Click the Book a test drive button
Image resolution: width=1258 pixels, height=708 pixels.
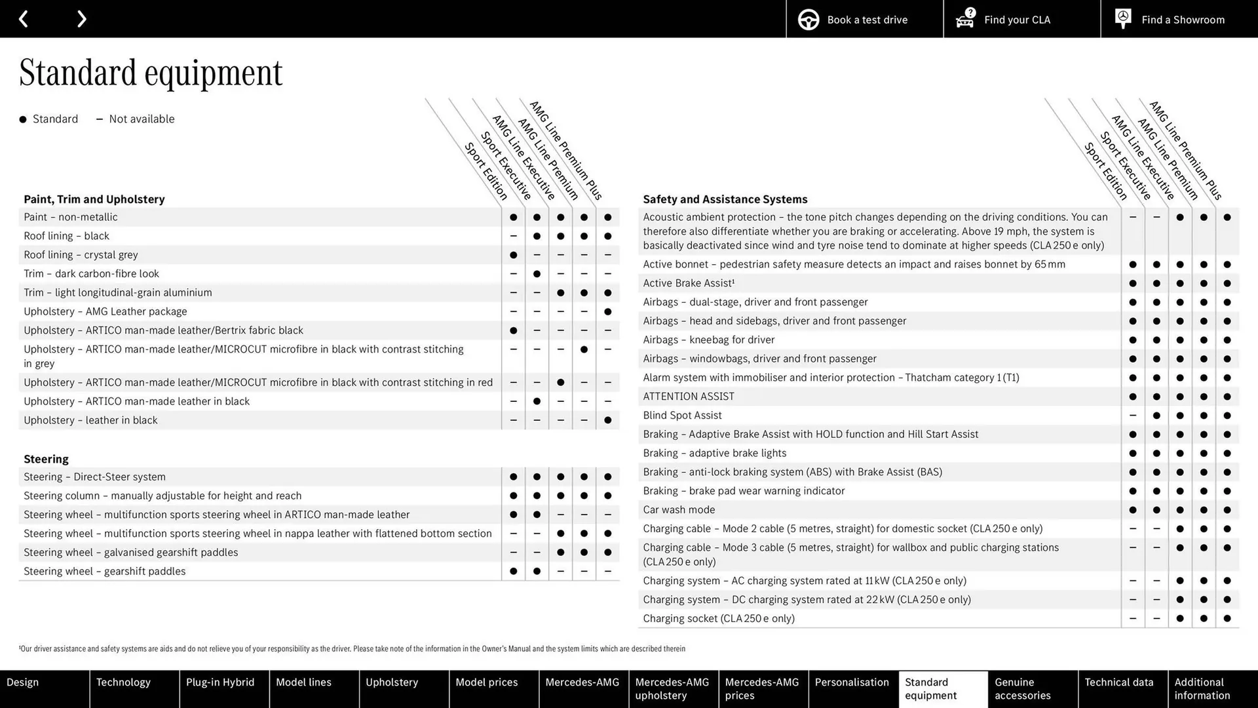[x=864, y=20]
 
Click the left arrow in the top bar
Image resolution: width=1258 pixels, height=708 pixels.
[x=24, y=19]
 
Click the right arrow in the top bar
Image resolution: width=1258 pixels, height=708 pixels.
[x=81, y=19]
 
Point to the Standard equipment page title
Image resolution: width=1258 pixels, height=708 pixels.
[x=151, y=73]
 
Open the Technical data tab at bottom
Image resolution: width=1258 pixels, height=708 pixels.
[x=1118, y=682]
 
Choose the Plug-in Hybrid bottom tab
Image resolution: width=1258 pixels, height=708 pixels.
[x=220, y=682]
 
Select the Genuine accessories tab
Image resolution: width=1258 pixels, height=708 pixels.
[x=1022, y=688]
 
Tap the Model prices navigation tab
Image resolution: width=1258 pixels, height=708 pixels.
[x=486, y=682]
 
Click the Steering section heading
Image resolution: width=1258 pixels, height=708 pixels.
[x=46, y=459]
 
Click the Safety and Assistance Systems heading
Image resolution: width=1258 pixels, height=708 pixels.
[x=725, y=199]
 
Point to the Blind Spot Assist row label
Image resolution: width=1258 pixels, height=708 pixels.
[x=682, y=416]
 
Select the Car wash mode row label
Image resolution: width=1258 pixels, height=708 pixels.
[x=679, y=510]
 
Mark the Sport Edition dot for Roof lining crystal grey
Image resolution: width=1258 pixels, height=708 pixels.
[x=513, y=255]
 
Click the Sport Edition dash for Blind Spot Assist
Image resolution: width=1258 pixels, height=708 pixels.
[x=1133, y=416]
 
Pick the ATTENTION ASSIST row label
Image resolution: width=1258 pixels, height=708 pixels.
[x=689, y=397]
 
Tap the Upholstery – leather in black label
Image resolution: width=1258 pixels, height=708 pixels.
[x=90, y=420]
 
